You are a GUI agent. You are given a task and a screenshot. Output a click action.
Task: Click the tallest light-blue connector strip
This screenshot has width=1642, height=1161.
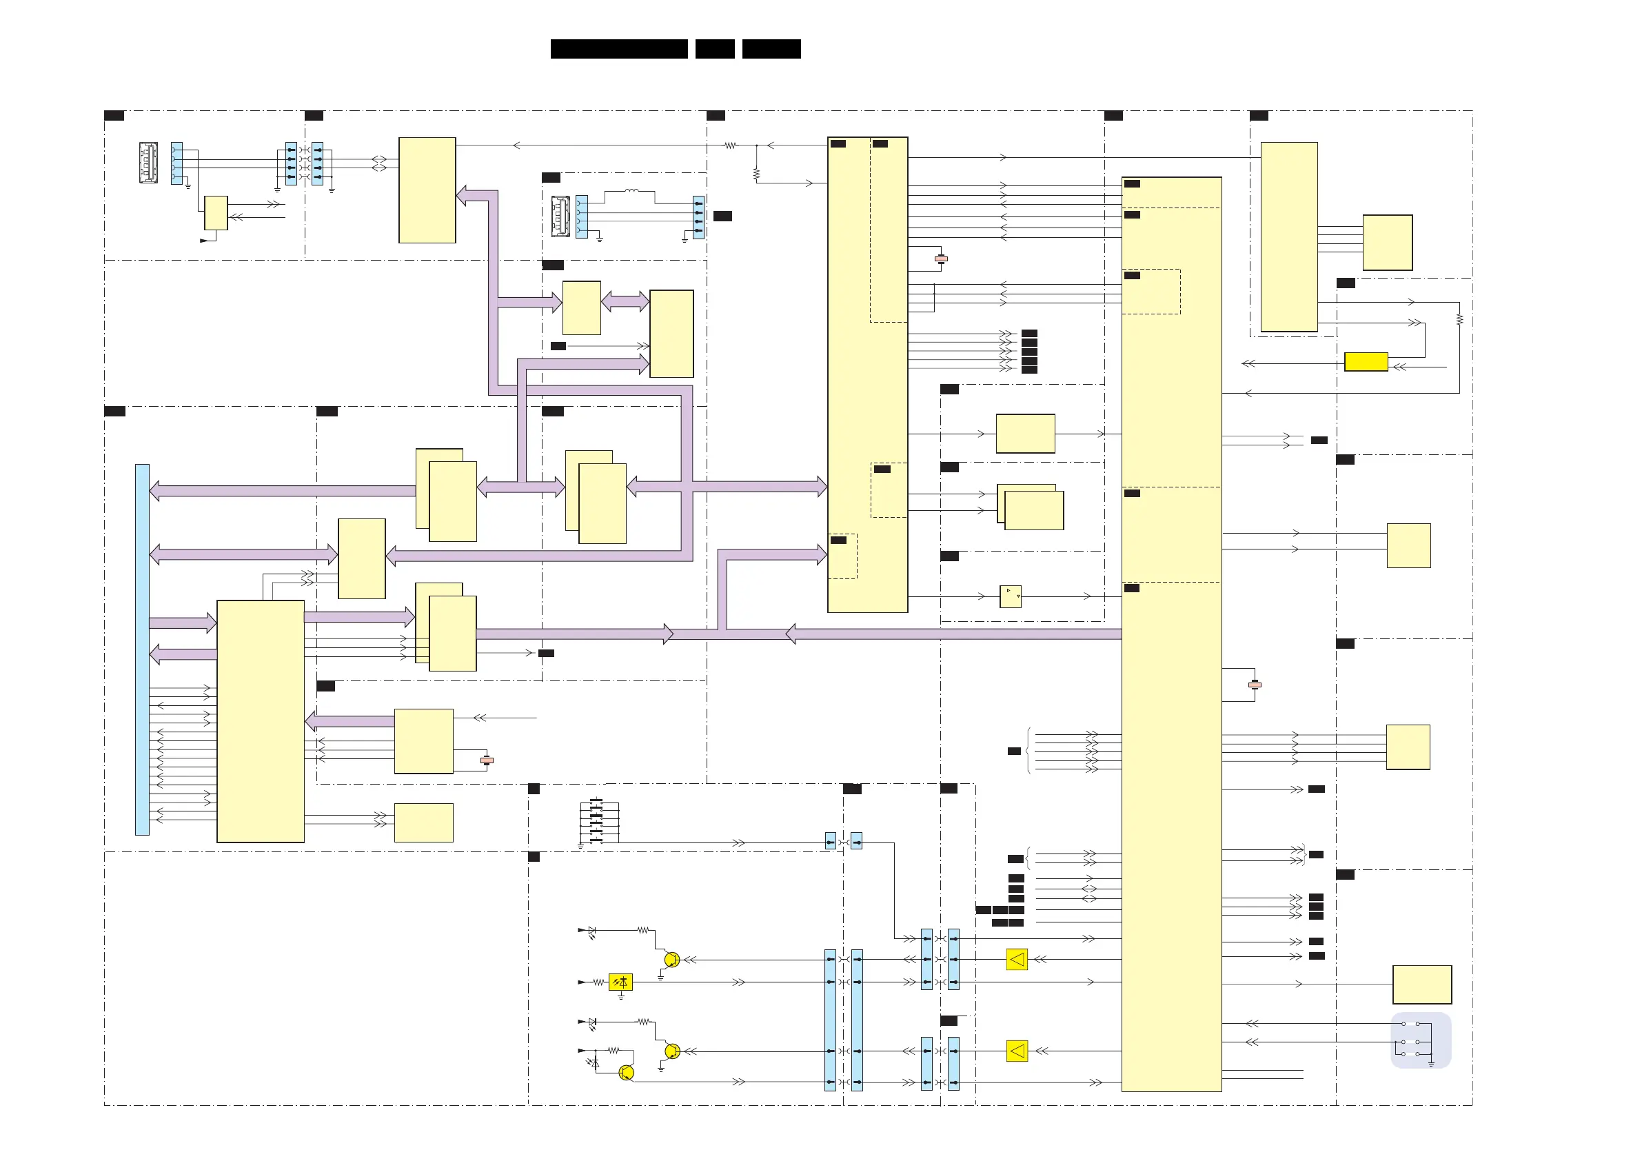142,649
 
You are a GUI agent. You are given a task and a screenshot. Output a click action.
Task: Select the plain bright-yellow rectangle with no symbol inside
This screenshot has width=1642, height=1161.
1366,361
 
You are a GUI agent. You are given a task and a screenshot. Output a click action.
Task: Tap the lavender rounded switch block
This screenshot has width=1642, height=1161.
1420,1040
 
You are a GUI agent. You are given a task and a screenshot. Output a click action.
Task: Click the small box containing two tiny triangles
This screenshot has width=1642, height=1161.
1010,596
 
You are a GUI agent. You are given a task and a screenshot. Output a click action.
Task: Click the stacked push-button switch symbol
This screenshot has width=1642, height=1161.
598,821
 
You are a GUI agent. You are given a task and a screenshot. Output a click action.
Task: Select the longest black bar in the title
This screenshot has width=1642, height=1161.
618,49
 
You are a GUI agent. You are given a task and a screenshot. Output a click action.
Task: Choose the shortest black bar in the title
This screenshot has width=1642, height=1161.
714,49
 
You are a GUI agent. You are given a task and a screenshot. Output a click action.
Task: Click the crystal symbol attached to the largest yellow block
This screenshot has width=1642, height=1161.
1255,685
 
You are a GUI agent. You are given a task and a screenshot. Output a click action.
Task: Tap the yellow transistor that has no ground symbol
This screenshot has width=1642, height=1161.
626,1072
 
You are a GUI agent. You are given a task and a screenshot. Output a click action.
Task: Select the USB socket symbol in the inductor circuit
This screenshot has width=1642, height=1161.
560,216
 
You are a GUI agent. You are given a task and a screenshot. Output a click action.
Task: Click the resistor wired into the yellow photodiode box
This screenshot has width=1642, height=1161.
598,982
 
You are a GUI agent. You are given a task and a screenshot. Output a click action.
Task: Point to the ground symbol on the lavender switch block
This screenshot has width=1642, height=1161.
1431,1063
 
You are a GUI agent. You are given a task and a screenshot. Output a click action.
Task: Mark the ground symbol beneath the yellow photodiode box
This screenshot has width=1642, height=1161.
621,996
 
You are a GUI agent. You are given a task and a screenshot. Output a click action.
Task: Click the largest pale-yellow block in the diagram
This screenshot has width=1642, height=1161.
1170,634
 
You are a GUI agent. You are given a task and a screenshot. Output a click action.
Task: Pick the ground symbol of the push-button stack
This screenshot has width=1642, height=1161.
580,845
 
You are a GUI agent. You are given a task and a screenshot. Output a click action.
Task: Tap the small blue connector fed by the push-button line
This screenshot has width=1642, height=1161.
830,841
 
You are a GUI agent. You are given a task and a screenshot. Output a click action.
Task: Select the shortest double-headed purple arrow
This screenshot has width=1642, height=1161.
625,301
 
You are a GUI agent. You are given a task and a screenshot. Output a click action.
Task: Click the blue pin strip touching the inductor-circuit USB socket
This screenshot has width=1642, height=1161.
581,216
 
